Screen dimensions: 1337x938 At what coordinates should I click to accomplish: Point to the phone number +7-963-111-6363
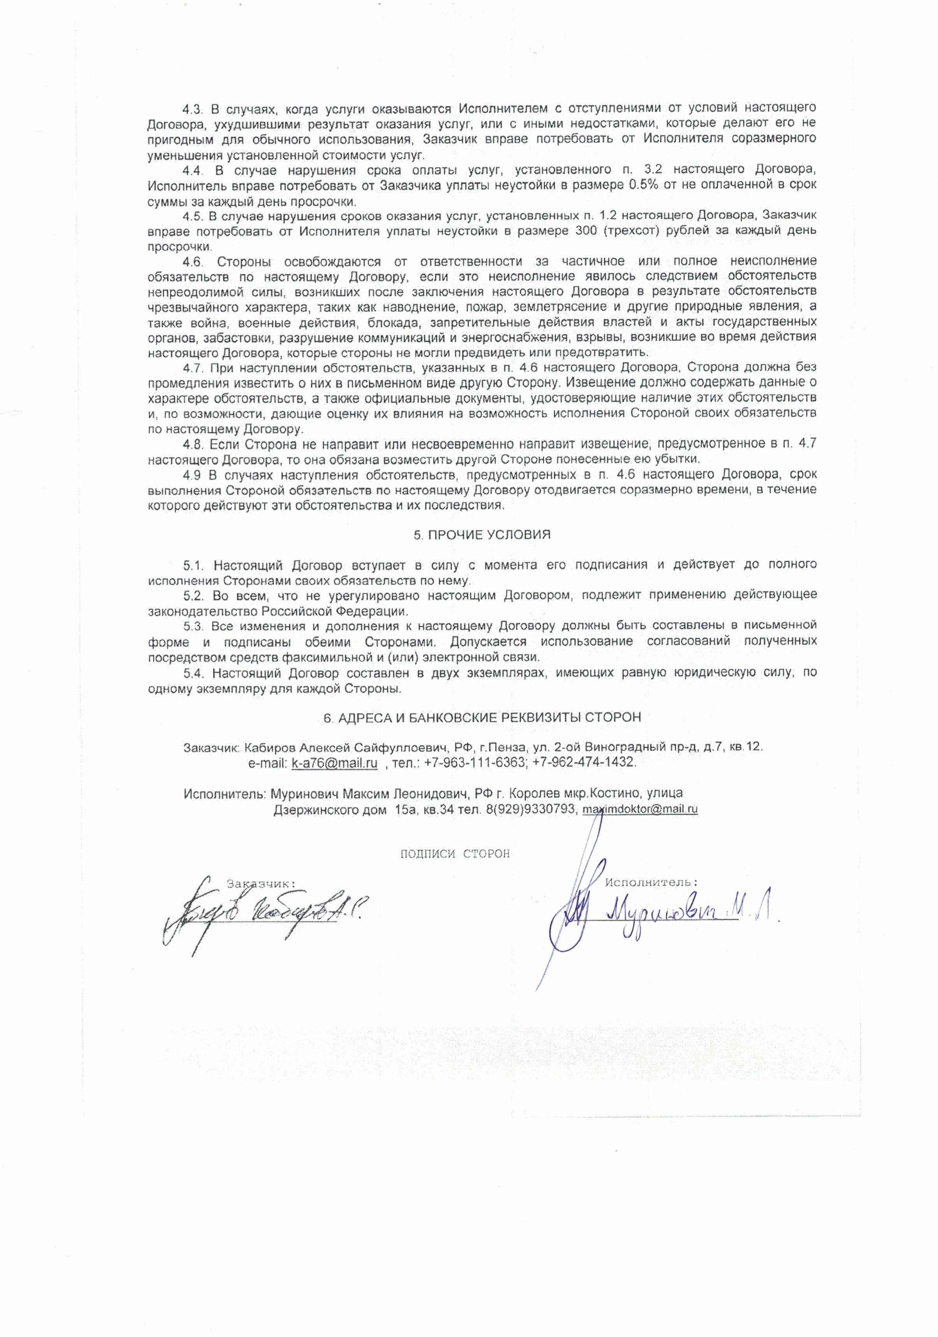[x=474, y=762]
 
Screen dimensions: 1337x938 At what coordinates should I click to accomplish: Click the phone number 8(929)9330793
[x=527, y=809]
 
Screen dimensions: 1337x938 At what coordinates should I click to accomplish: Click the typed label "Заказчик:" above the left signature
[x=260, y=883]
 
